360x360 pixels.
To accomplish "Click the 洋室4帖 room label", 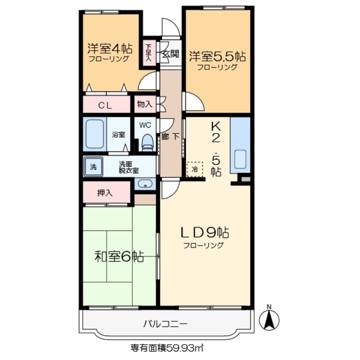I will (109, 48).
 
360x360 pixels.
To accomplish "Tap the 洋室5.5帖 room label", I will (217, 56).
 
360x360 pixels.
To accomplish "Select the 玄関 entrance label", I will (170, 55).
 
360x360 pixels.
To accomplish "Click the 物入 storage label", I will (144, 104).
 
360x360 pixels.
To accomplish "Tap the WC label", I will (145, 125).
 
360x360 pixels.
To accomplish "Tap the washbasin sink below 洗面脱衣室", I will (145, 184).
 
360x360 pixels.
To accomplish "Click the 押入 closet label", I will (105, 192).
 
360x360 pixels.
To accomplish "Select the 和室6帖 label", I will (118, 257).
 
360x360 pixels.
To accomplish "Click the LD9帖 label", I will (203, 232).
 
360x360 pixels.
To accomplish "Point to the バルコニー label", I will (165, 324).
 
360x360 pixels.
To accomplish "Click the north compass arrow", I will (269, 320).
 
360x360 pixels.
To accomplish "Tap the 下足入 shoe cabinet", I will (149, 53).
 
